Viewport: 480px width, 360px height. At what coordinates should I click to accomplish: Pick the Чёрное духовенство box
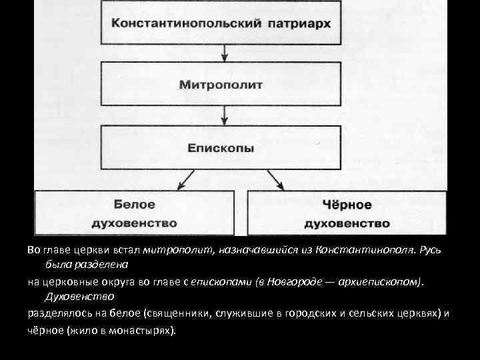(347, 213)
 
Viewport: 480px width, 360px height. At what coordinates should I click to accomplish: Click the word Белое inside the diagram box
(134, 204)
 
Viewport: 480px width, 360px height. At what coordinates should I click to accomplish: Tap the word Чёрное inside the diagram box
(347, 204)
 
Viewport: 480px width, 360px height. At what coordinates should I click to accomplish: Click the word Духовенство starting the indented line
(79, 296)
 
